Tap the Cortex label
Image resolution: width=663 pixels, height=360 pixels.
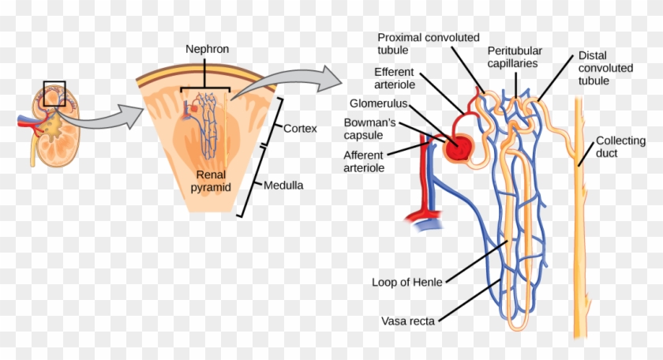pos(300,126)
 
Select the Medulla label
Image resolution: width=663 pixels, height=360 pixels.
pos(285,186)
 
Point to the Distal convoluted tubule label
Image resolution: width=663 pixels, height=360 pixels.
pos(605,69)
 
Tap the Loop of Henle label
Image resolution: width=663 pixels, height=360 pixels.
pos(406,281)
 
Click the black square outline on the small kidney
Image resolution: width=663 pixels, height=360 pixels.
pos(54,94)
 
